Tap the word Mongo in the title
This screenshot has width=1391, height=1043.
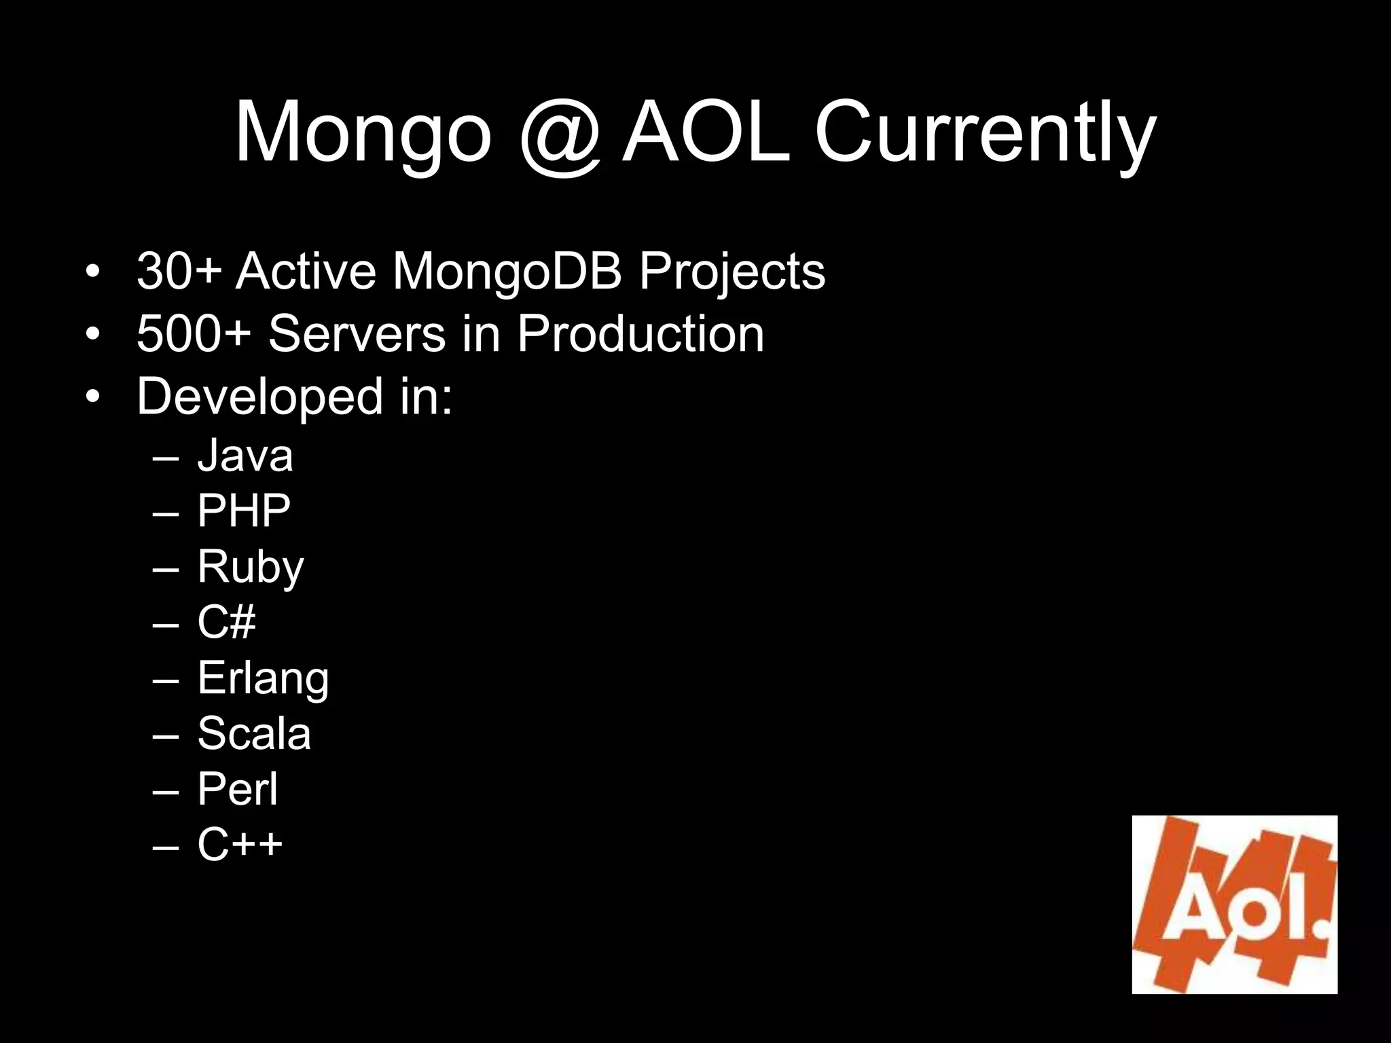(x=363, y=132)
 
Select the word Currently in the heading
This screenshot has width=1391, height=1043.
(x=985, y=132)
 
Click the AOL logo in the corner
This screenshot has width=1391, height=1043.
(x=1234, y=904)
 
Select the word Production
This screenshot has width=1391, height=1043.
(x=640, y=333)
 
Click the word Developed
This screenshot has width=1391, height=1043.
(x=259, y=397)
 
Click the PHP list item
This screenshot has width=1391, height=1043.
(x=244, y=511)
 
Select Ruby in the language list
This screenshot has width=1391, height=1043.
(x=251, y=568)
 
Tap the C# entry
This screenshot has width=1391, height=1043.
(x=226, y=622)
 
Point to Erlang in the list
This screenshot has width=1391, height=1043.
(x=263, y=678)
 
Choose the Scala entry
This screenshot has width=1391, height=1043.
(x=254, y=733)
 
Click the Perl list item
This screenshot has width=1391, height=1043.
(x=238, y=789)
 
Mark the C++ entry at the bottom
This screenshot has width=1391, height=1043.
(x=240, y=844)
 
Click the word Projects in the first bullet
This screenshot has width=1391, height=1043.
(x=731, y=272)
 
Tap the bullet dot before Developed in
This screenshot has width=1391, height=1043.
(x=92, y=397)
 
